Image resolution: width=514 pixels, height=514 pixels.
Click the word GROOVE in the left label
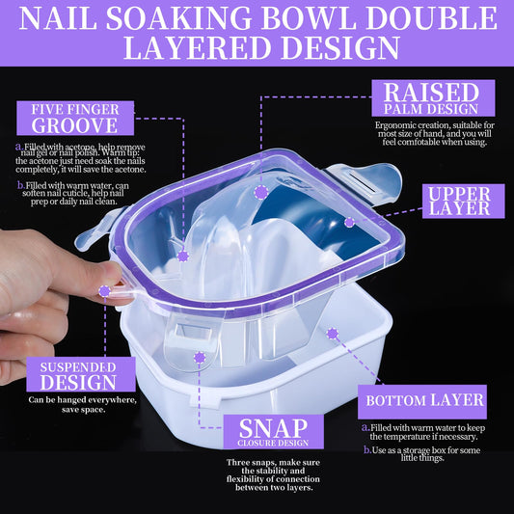(x=75, y=125)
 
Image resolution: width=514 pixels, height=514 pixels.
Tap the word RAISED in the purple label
(x=431, y=93)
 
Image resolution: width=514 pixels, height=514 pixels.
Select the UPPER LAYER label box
(x=464, y=201)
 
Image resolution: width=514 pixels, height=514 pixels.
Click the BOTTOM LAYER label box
(x=422, y=401)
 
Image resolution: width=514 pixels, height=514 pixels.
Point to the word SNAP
(x=273, y=428)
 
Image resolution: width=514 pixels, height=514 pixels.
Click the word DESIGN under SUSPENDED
(x=78, y=382)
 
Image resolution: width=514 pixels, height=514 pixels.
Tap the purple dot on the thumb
(x=104, y=291)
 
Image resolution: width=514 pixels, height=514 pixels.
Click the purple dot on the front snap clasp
(x=200, y=358)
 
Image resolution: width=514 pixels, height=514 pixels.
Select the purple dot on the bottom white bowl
(x=333, y=334)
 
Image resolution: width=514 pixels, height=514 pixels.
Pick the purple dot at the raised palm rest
(x=261, y=192)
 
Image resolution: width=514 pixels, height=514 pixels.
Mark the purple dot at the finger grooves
(x=183, y=256)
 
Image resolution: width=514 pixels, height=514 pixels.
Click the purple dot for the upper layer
(x=349, y=222)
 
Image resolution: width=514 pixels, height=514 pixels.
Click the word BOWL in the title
(x=309, y=18)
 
